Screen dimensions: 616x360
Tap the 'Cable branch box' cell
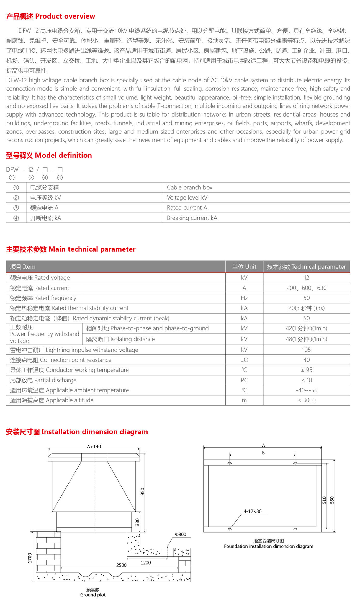pos(189,187)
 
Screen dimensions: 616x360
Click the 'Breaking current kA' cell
pos(192,218)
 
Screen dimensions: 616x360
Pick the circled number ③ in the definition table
pos(16,208)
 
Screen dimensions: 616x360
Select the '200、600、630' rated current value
pos(306,288)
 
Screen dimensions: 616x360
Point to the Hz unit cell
pos(244,298)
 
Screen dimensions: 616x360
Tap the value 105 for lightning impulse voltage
pos(306,350)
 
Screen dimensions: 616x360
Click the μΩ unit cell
pos(244,360)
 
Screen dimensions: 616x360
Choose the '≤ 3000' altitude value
pos(306,400)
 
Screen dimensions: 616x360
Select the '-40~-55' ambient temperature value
pos(306,390)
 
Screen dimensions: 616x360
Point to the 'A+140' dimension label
pos(94,446)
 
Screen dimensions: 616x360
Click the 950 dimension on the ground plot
pos(142,491)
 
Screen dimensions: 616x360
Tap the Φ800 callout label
pos(180,534)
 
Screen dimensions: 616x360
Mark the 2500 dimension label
pos(121,565)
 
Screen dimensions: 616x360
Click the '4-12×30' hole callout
pos(252,511)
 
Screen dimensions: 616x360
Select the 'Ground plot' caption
pos(93,595)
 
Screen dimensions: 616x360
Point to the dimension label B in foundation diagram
pos(263,453)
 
